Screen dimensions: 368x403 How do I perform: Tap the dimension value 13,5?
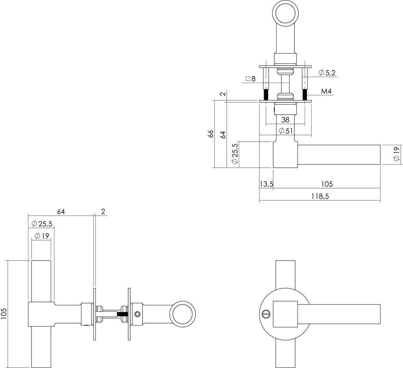(266, 184)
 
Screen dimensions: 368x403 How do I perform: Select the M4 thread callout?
(326, 92)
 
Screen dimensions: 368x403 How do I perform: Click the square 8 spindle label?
(251, 79)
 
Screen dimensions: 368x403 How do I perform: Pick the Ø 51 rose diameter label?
(285, 131)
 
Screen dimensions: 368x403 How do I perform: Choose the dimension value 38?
(285, 120)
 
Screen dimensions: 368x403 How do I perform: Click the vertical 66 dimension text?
(211, 134)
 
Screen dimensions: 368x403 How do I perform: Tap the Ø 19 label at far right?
(396, 154)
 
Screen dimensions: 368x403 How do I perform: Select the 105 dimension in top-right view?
(327, 184)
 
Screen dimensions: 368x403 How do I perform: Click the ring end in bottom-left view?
(182, 314)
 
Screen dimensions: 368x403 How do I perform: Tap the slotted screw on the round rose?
(265, 314)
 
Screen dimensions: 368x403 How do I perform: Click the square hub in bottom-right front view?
(285, 314)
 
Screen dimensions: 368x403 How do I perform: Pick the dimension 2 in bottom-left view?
(103, 212)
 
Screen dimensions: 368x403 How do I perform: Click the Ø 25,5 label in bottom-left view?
(42, 224)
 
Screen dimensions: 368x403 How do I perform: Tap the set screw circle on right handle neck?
(137, 314)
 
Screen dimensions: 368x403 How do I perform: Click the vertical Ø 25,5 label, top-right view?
(235, 154)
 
